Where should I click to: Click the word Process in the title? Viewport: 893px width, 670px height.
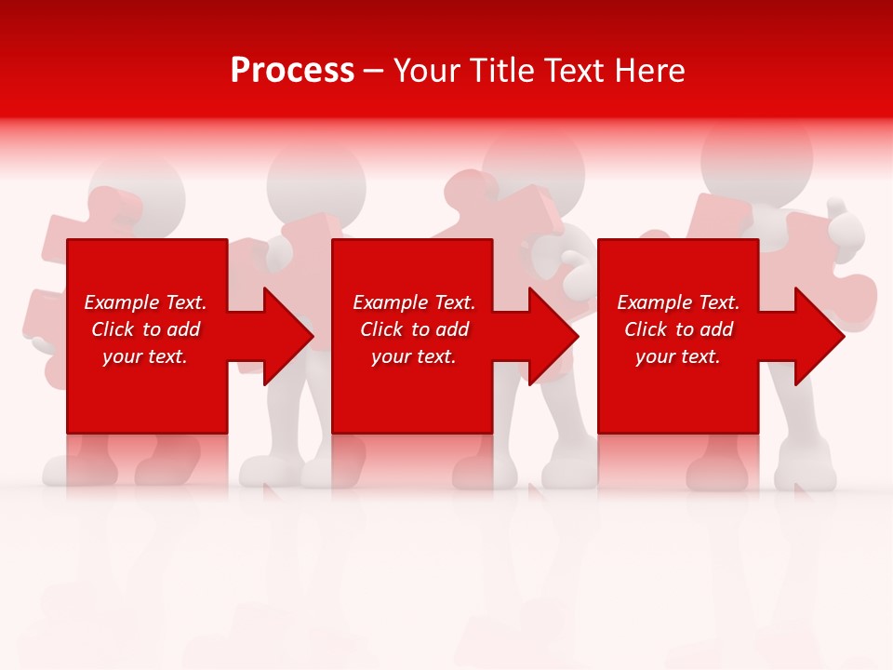click(292, 70)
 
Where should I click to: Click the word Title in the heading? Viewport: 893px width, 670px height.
click(501, 70)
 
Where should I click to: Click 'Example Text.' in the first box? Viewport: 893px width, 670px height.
click(145, 302)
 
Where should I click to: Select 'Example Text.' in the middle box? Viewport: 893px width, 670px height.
click(414, 302)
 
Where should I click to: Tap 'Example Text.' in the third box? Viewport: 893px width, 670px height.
click(678, 302)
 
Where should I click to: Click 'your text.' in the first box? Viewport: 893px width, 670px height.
click(145, 356)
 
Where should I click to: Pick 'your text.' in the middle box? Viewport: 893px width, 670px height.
click(414, 356)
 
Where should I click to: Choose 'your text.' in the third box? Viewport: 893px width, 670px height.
click(678, 356)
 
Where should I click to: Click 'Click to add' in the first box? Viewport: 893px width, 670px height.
click(145, 329)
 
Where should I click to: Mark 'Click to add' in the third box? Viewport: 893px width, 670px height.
click(678, 329)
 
